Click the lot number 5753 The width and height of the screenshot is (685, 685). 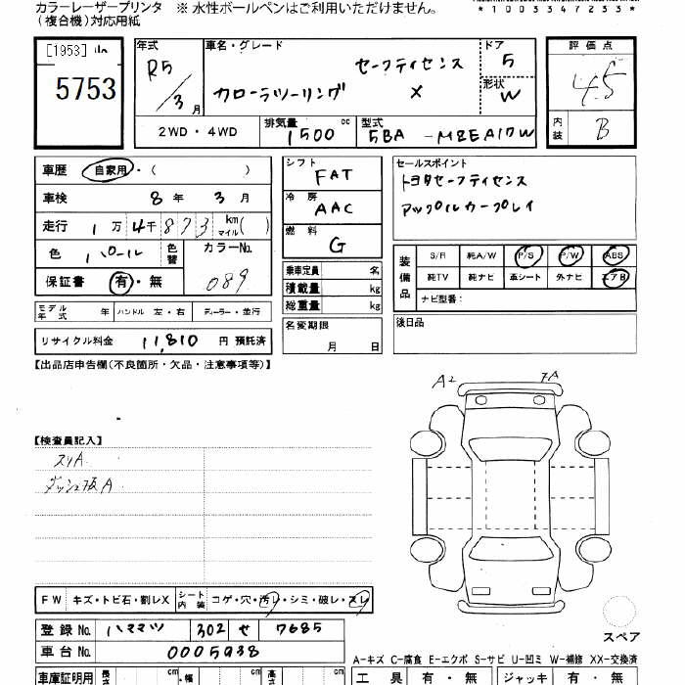(x=85, y=91)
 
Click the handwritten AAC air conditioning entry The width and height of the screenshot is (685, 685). (x=334, y=207)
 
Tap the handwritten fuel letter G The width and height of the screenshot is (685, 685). (x=337, y=244)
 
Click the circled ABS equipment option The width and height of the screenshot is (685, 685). (x=616, y=255)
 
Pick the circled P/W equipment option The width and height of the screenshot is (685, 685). (x=571, y=255)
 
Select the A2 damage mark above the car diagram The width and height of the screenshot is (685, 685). (x=444, y=380)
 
